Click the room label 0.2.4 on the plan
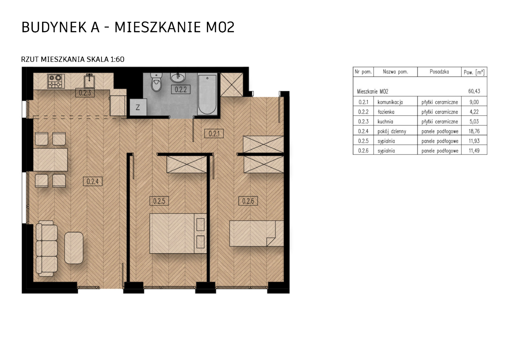[93, 181]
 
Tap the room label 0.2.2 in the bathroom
[181, 90]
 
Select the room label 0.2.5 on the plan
[159, 201]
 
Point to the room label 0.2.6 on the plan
[248, 201]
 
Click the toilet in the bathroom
[157, 82]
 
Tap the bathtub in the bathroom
[207, 94]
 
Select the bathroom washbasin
[178, 77]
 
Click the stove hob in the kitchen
[56, 81]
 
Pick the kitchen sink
[89, 81]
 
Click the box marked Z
[138, 107]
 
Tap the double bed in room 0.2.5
[178, 233]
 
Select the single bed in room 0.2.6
[256, 233]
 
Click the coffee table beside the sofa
[74, 248]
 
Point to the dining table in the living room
[50, 160]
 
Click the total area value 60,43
[474, 91]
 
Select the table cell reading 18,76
[474, 131]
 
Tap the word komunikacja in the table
[390, 102]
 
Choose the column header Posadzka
[439, 72]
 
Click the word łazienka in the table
[386, 112]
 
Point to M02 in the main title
[220, 27]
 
